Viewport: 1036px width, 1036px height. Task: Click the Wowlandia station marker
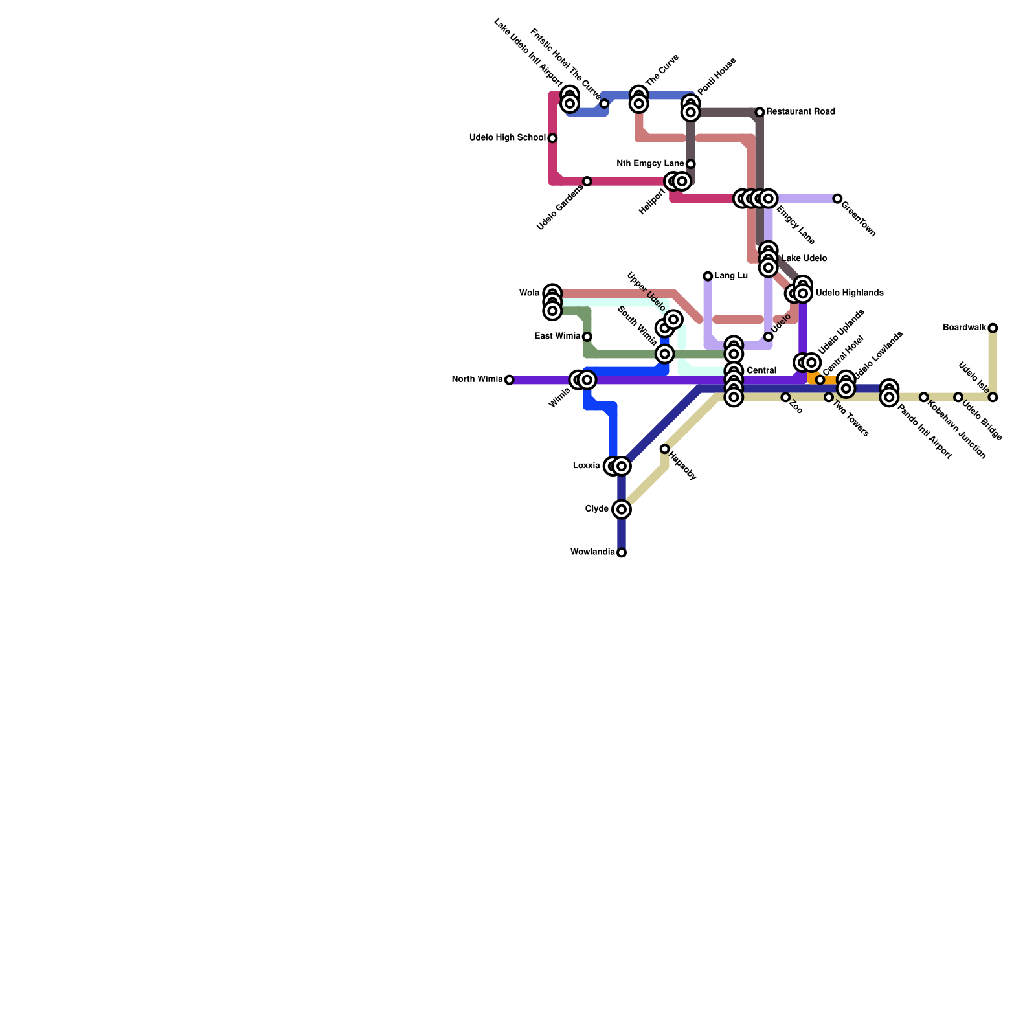pyautogui.click(x=622, y=552)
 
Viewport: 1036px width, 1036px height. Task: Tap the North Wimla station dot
pyautogui.click(x=509, y=380)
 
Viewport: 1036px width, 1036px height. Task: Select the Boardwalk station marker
pyautogui.click(x=993, y=328)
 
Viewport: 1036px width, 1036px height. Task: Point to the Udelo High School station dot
pyautogui.click(x=552, y=138)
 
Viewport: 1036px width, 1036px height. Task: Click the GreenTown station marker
pyautogui.click(x=837, y=199)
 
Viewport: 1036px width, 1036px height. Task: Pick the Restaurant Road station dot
pyautogui.click(x=760, y=112)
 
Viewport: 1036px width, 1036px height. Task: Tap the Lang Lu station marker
pyautogui.click(x=708, y=276)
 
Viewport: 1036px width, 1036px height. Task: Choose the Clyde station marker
pyautogui.click(x=622, y=510)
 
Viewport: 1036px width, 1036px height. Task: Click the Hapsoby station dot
pyautogui.click(x=664, y=449)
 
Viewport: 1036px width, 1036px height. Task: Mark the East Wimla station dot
pyautogui.click(x=587, y=337)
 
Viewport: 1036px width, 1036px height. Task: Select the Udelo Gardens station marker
pyautogui.click(x=587, y=181)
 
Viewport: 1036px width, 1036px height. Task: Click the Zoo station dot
pyautogui.click(x=785, y=397)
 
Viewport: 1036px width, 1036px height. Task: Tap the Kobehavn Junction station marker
pyautogui.click(x=923, y=397)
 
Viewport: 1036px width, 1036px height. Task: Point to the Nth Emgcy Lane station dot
pyautogui.click(x=690, y=164)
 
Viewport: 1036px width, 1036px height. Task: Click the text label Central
pyautogui.click(x=761, y=371)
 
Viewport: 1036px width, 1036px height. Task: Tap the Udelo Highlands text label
pyautogui.click(x=850, y=293)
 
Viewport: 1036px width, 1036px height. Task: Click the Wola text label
pyautogui.click(x=529, y=293)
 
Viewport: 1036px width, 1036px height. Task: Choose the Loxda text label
pyautogui.click(x=586, y=466)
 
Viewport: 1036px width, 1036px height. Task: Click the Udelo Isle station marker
pyautogui.click(x=993, y=397)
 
